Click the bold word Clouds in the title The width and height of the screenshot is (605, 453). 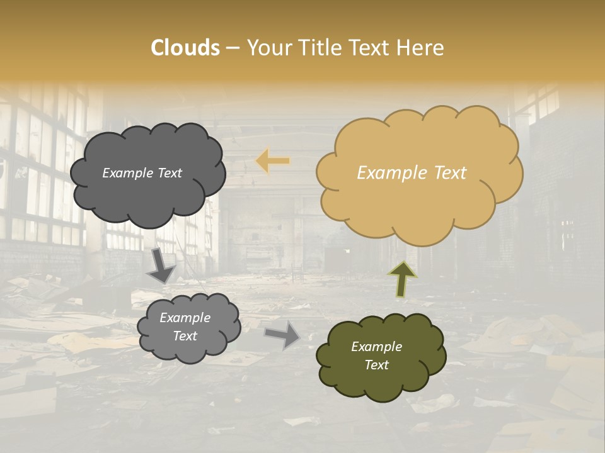pos(185,48)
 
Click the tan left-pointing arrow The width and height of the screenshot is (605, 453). pos(273,162)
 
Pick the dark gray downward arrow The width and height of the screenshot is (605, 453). pos(161,266)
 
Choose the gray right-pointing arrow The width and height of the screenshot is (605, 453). pos(282,334)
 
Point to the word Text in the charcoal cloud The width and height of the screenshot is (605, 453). pos(169,173)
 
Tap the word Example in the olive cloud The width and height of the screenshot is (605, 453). pos(376,347)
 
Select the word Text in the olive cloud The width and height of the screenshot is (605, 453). pos(376,365)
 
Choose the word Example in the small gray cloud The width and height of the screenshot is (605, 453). pos(185,318)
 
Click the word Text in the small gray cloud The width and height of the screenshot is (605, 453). pos(185,336)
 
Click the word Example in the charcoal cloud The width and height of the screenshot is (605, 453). pos(127,173)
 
